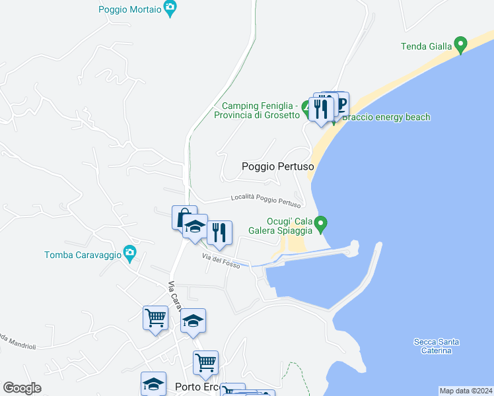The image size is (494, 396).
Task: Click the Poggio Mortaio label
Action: point(130,9)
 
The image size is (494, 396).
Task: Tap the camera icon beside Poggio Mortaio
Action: point(170,9)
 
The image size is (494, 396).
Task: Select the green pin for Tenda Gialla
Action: point(461,46)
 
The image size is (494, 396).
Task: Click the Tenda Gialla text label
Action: point(427,46)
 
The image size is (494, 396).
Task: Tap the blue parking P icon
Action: point(341,103)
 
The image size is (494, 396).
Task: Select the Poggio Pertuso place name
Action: point(277,167)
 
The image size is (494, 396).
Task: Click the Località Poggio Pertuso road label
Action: point(265,200)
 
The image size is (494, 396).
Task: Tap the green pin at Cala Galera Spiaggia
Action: point(321,224)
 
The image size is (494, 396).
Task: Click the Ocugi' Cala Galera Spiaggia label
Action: point(279,226)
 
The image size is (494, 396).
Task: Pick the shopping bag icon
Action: point(184,216)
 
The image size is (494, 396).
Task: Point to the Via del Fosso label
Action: point(221,260)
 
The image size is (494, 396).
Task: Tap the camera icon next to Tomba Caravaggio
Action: point(130,252)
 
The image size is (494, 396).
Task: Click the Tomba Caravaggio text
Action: point(83,255)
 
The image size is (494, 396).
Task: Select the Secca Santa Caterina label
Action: point(437,346)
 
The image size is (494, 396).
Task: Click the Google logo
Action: point(22,388)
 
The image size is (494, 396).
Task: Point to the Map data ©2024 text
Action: point(465,391)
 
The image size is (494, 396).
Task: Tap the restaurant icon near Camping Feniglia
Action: point(320,108)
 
